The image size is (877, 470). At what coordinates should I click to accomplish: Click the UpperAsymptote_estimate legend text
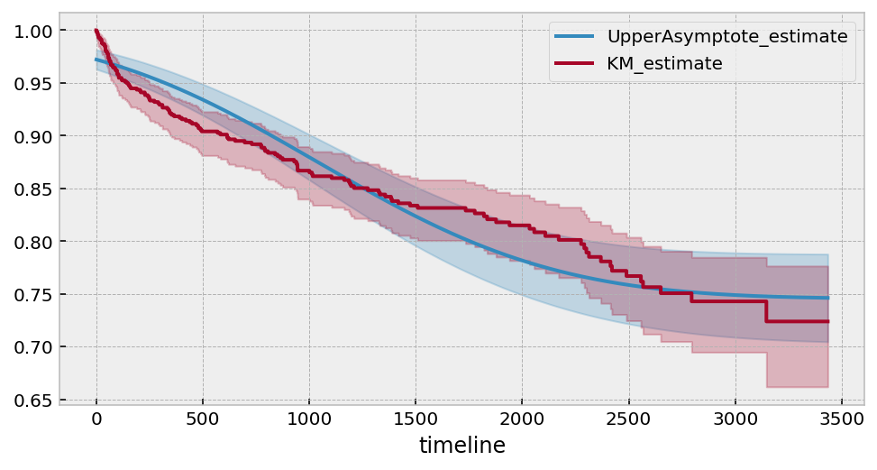[x=726, y=37]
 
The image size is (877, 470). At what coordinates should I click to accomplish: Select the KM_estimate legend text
[x=664, y=64]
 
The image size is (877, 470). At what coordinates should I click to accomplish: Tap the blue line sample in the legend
[x=574, y=37]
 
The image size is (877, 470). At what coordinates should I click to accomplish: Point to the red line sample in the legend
[x=574, y=64]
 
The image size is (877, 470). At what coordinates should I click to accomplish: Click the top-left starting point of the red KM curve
[x=96, y=31]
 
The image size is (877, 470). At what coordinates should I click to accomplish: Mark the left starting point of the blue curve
[x=96, y=60]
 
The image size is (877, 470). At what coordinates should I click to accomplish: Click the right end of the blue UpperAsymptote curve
[x=827, y=298]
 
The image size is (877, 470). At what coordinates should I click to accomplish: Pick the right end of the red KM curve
[x=827, y=321]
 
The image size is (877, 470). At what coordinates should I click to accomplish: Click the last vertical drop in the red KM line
[x=766, y=311]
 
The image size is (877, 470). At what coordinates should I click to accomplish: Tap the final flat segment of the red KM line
[x=797, y=321]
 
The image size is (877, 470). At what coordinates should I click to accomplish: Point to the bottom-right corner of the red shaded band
[x=827, y=387]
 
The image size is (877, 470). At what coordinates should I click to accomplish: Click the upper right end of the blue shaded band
[x=827, y=254]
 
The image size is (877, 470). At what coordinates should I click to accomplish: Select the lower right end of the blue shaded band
[x=827, y=343]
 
